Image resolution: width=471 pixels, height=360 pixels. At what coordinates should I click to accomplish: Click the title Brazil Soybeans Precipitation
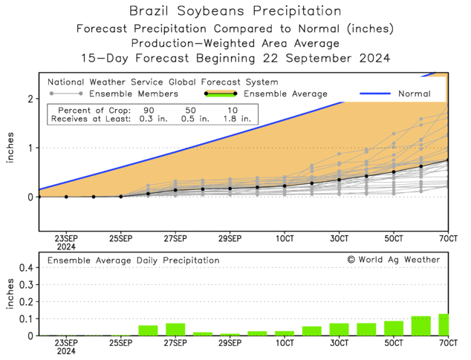[x=235, y=11]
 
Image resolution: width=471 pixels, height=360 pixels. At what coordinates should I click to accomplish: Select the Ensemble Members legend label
[x=133, y=94]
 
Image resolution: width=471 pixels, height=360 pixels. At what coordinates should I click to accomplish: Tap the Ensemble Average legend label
[x=285, y=94]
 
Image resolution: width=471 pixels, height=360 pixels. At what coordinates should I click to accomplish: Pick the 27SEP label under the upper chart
[x=175, y=239]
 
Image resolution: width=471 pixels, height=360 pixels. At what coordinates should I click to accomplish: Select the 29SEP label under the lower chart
[x=230, y=344]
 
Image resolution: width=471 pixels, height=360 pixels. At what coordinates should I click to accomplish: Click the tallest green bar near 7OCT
[x=444, y=324]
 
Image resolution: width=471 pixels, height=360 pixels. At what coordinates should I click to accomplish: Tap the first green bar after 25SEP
[x=148, y=330]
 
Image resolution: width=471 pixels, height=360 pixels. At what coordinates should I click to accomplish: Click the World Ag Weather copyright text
[x=393, y=260]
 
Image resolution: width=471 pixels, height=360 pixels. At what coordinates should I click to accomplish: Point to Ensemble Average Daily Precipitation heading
[x=134, y=261]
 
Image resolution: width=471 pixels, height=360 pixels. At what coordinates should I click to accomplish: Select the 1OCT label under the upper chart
[x=285, y=239]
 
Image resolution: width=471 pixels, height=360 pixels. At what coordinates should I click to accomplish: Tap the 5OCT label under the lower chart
[x=393, y=344]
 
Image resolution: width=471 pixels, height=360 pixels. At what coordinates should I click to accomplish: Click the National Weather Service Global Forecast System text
[x=163, y=82]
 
